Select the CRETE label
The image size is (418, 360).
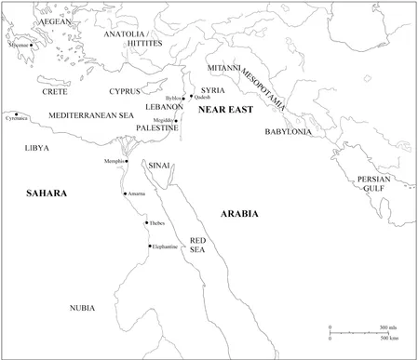coord(56,92)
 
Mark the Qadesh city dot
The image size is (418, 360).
coord(192,96)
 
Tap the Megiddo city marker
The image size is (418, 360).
coord(179,119)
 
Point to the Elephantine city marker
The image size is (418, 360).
coord(150,246)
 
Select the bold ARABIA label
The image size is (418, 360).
coord(238,213)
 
